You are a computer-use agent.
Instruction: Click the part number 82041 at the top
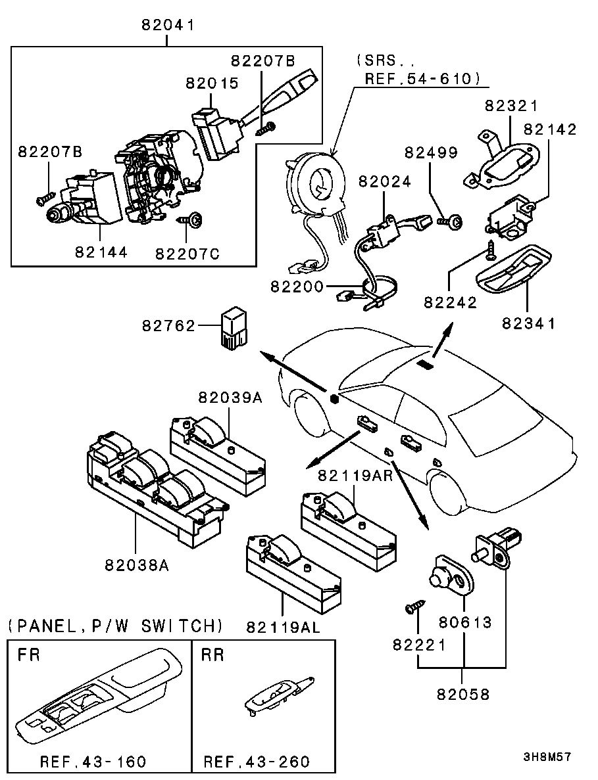point(168,26)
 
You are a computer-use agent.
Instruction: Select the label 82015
point(212,83)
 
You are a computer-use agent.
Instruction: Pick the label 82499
point(431,152)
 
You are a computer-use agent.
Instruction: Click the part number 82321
point(512,106)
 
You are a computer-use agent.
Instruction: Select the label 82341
point(528,323)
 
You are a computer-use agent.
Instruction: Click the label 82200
point(297,287)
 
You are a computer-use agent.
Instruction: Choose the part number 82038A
point(137,564)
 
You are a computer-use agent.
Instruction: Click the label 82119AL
point(284,628)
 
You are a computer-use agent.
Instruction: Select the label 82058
point(462,694)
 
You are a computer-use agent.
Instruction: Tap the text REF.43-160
point(93,762)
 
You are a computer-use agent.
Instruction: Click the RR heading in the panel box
point(213,654)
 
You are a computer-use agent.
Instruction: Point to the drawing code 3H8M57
point(547,757)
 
